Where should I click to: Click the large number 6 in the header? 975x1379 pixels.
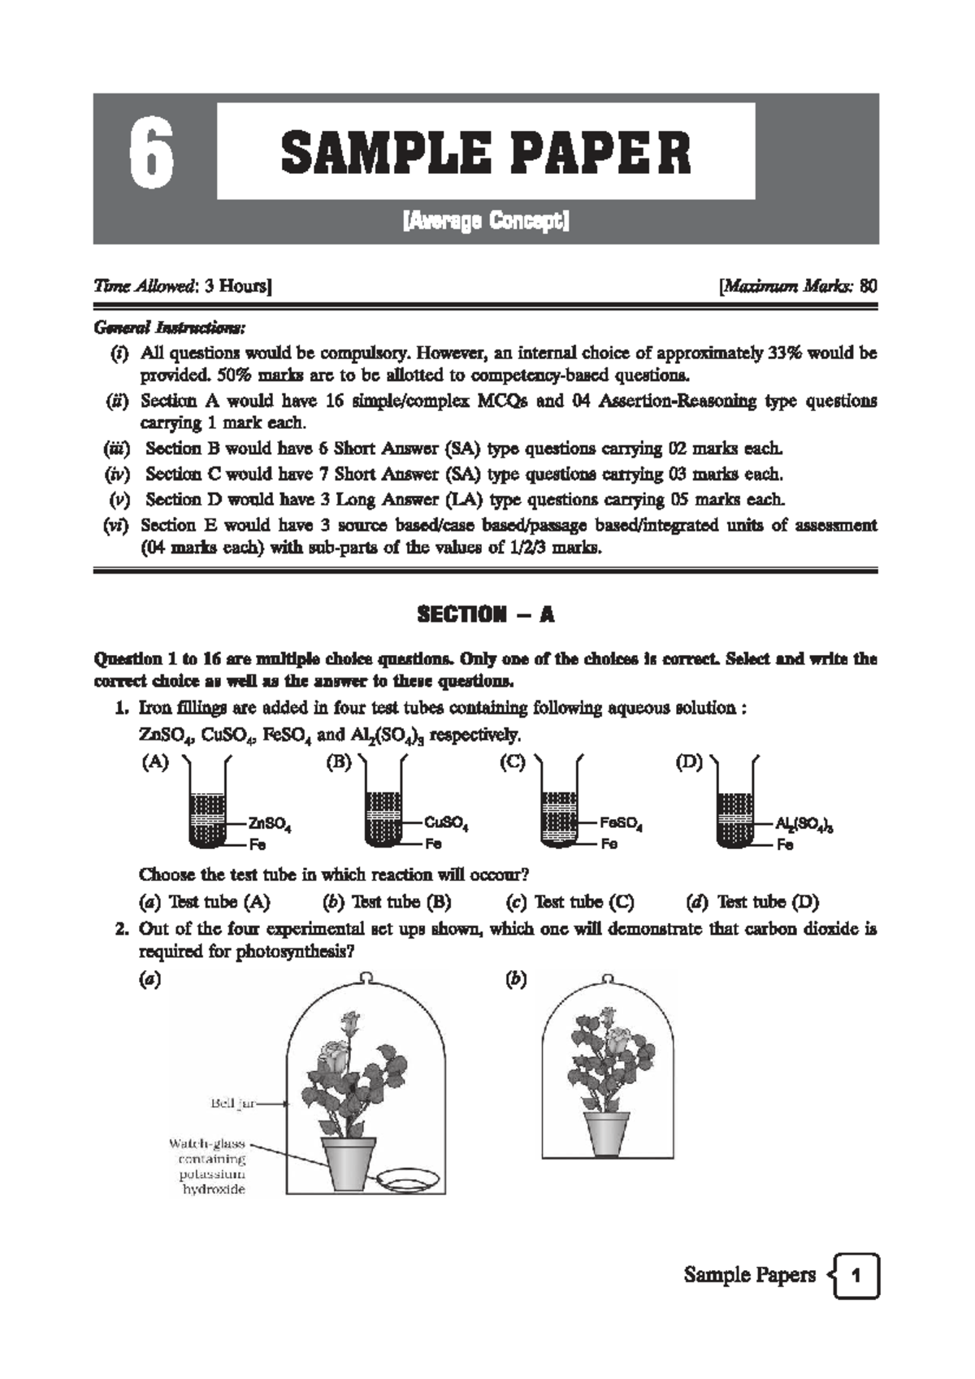(x=152, y=156)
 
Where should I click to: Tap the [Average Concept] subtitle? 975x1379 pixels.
(x=486, y=221)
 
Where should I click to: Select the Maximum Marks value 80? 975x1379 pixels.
(x=868, y=286)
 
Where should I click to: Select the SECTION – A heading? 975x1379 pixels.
(x=485, y=614)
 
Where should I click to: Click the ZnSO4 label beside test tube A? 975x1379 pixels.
(x=270, y=824)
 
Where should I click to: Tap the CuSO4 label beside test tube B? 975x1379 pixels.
(x=446, y=824)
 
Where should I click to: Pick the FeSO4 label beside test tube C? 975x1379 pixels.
(x=621, y=824)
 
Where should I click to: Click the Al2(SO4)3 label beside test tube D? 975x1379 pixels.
(x=804, y=825)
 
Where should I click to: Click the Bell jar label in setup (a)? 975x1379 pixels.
(x=233, y=1104)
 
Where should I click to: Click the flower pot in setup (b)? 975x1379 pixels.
(x=608, y=1132)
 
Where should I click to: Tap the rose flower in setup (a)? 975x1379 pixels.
(x=334, y=1057)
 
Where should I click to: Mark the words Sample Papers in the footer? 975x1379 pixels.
(x=749, y=1275)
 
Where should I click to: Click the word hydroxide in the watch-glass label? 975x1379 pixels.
(x=212, y=1190)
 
